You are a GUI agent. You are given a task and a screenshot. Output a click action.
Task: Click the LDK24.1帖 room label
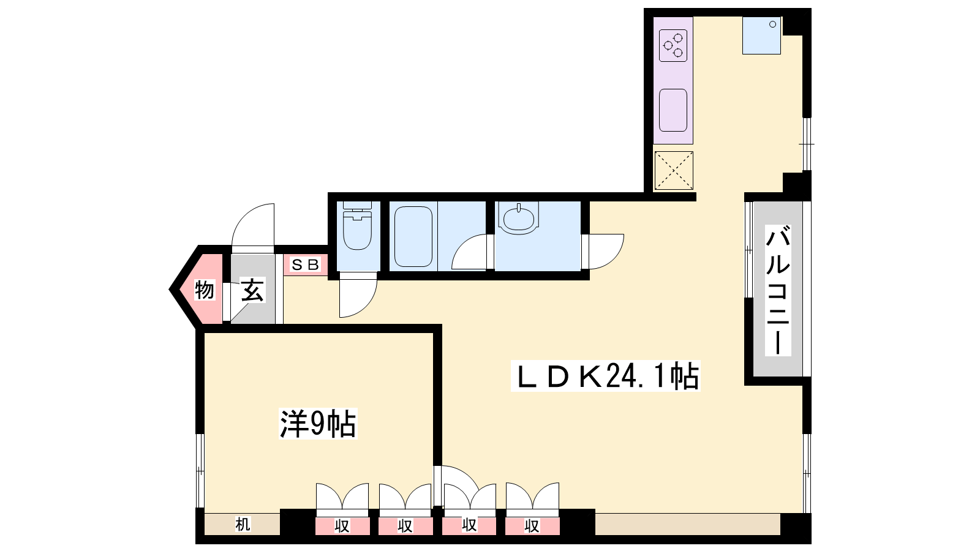[x=606, y=376]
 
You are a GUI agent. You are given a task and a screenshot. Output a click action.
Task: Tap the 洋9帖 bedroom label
[x=318, y=423]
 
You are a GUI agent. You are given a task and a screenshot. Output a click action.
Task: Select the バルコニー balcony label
[x=778, y=290]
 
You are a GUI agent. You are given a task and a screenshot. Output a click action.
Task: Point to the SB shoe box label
[x=306, y=264]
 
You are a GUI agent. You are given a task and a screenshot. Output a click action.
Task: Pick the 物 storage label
[x=205, y=290]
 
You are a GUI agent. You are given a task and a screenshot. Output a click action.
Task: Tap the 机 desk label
[x=243, y=524]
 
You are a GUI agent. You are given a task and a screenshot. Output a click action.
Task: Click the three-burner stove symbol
[x=673, y=45]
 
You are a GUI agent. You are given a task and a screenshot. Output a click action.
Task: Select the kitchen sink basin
[x=673, y=110]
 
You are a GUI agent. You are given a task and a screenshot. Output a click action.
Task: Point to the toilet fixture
[x=358, y=225]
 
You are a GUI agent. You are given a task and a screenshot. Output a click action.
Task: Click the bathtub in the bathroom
[x=413, y=236]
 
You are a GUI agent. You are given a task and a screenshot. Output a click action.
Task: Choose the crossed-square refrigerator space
[x=674, y=171]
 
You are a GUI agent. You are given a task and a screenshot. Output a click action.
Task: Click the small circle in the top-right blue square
[x=772, y=24]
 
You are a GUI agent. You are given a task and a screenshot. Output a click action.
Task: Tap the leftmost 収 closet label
[x=342, y=526]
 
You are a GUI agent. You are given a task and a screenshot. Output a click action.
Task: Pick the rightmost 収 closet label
[x=532, y=526]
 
